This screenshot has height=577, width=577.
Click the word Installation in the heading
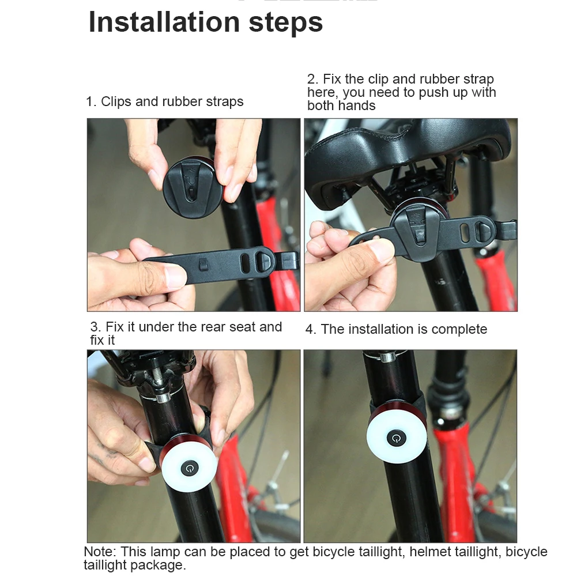tap(164, 22)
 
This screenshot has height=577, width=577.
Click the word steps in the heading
tap(285, 24)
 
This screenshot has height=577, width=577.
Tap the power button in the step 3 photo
tap(190, 469)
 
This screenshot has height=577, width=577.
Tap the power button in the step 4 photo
tap(397, 438)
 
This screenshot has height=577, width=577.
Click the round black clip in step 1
tap(192, 188)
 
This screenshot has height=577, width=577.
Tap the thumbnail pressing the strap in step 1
tap(176, 276)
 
